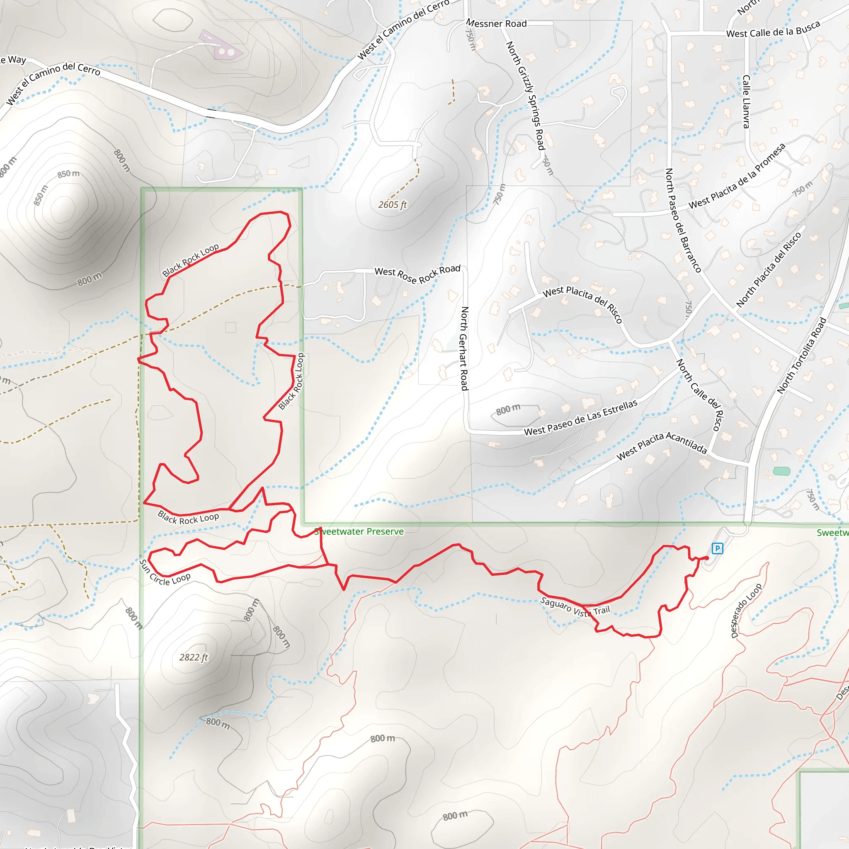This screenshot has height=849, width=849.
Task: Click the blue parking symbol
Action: tap(717, 548)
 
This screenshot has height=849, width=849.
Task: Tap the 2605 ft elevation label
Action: tap(393, 205)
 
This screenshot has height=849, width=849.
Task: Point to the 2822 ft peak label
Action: tap(193, 657)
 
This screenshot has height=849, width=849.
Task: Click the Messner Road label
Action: tap(496, 23)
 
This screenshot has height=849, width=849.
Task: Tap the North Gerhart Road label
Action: tap(464, 349)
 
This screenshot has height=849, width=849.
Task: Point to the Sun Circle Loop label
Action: tap(165, 573)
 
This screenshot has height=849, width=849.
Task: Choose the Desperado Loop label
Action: tap(746, 611)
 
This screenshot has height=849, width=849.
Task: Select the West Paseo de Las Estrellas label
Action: tap(580, 418)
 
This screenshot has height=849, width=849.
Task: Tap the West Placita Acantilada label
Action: tap(661, 446)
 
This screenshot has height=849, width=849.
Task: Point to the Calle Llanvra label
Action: tap(746, 102)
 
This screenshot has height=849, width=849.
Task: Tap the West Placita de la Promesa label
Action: tap(737, 176)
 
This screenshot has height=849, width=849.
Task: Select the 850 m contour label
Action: tap(68, 174)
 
